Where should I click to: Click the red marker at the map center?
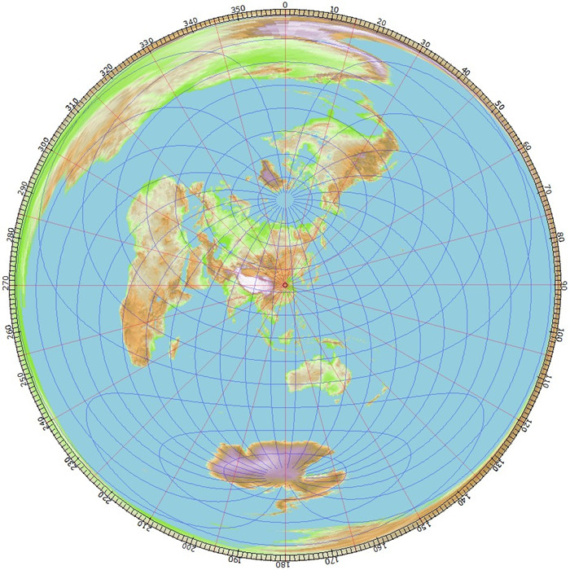point(285,284)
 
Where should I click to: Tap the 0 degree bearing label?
point(285,6)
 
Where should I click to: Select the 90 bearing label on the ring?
point(563,285)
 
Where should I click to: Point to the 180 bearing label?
point(285,563)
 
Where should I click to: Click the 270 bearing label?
point(7,285)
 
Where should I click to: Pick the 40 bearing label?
point(464,72)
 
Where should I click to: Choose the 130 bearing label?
point(498,464)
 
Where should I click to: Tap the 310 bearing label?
point(72,106)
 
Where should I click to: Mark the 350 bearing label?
point(237,11)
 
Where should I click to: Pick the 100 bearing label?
point(559,334)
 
